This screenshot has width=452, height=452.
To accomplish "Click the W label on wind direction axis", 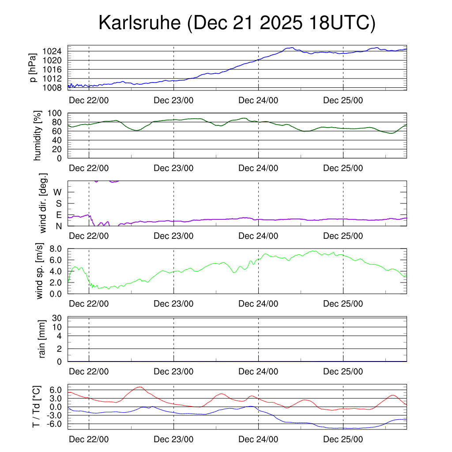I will pos(58,192).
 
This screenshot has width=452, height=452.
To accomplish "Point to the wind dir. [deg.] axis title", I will pos(43,203).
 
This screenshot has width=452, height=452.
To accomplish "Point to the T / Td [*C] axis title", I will pos(37,407).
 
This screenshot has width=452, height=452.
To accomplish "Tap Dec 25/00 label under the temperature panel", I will pos(343,440).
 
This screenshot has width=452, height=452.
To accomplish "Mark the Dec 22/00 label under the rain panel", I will pos(89,372).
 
